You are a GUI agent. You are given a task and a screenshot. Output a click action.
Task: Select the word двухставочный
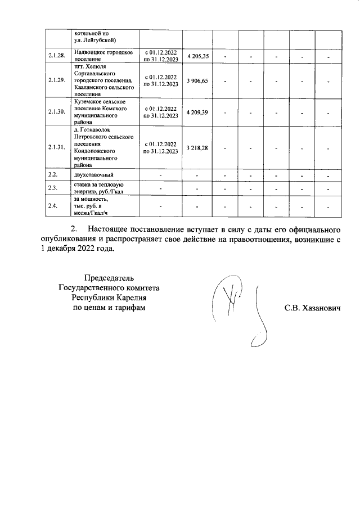[x=94, y=175]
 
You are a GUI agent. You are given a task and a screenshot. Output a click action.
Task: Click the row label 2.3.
[x=53, y=188]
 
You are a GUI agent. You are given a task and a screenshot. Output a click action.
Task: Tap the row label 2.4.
[x=53, y=206]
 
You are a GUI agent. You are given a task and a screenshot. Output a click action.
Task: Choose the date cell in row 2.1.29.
[x=161, y=81]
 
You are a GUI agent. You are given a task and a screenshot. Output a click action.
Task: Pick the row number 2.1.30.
[x=57, y=112]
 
